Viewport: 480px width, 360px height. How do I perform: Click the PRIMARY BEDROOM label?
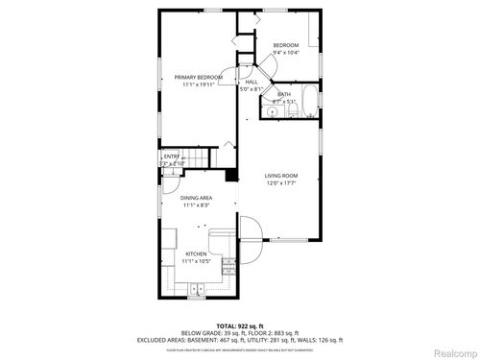[x=198, y=77]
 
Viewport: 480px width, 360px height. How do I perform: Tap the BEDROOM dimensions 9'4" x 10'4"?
[x=286, y=53]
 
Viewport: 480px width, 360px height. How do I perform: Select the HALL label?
[x=252, y=82]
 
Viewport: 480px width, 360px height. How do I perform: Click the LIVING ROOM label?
[x=281, y=176]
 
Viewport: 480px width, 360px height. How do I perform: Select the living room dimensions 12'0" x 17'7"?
[x=281, y=183]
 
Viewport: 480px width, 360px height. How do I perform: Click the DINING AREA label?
[x=197, y=198]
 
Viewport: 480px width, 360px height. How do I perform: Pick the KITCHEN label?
[x=197, y=254]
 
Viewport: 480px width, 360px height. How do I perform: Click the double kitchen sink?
[x=198, y=287]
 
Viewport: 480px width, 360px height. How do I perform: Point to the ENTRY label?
[x=171, y=156]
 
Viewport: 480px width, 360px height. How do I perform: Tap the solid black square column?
[x=230, y=175]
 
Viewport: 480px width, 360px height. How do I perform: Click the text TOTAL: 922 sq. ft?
[x=240, y=325]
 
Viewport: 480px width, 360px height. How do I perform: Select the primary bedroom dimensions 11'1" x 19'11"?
[x=198, y=84]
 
